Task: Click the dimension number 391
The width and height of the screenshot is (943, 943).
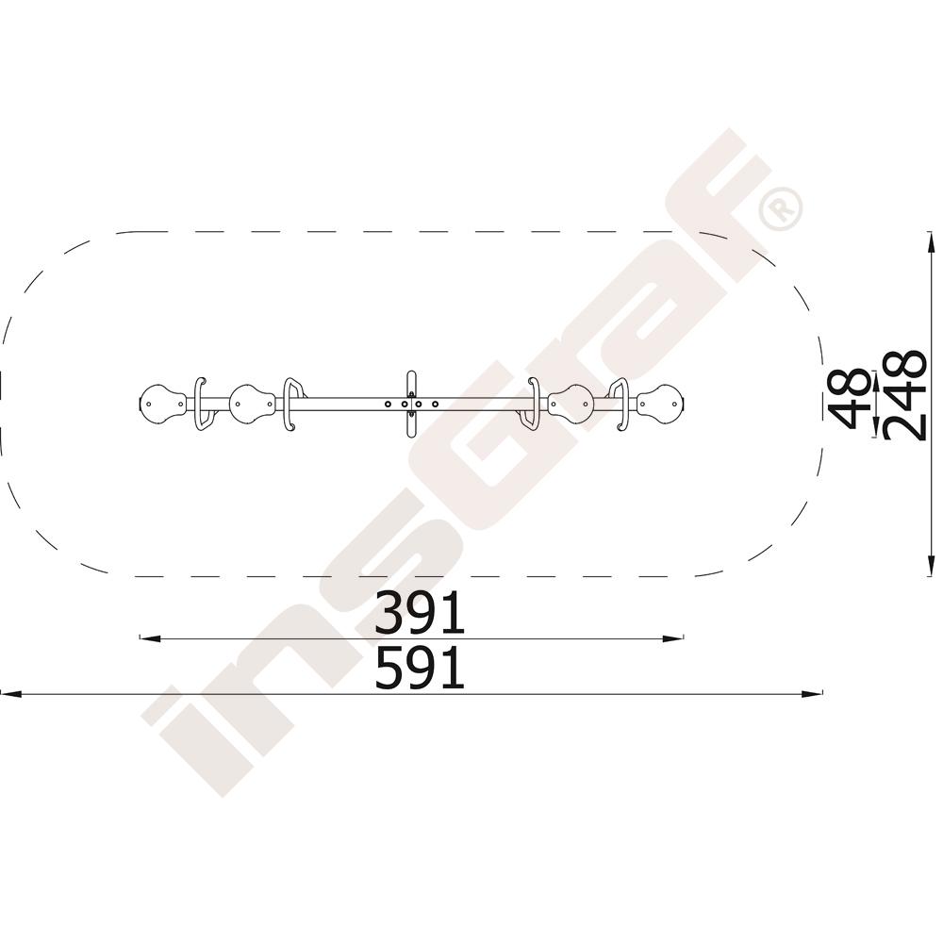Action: (x=420, y=612)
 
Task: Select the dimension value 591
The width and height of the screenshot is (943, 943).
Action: (x=420, y=667)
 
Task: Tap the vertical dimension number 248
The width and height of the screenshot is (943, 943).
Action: (x=904, y=396)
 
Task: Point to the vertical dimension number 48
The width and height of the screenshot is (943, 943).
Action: (x=850, y=399)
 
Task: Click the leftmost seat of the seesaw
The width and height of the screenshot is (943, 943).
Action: (x=162, y=404)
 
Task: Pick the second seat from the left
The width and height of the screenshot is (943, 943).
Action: (x=253, y=404)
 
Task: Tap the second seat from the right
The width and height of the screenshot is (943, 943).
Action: (x=571, y=404)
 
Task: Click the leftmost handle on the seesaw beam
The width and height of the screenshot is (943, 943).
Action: (x=201, y=405)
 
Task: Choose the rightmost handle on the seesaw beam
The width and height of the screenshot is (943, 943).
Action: (x=621, y=405)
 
